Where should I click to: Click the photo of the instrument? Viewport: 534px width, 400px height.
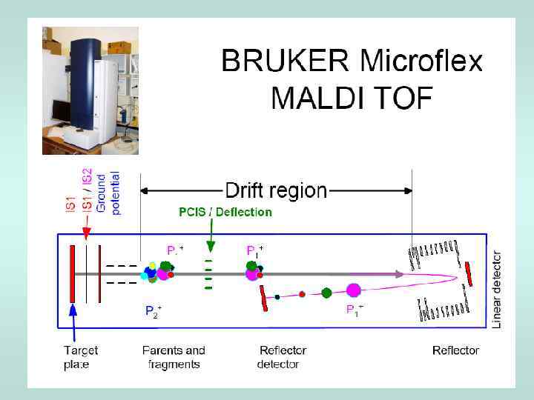(90, 90)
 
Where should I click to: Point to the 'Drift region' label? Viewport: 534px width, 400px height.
(275, 190)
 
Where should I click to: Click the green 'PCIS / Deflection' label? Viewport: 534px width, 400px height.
(225, 212)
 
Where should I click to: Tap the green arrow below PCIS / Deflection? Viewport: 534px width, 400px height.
(211, 237)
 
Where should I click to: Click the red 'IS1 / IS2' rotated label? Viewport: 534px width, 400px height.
(87, 191)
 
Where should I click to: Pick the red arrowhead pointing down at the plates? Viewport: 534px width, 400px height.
(87, 234)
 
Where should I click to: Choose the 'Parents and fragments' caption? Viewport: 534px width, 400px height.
(174, 357)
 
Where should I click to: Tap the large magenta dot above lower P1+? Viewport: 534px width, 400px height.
(353, 290)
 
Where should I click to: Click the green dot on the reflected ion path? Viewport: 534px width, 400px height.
(326, 293)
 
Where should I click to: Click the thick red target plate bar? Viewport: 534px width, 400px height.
(72, 274)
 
